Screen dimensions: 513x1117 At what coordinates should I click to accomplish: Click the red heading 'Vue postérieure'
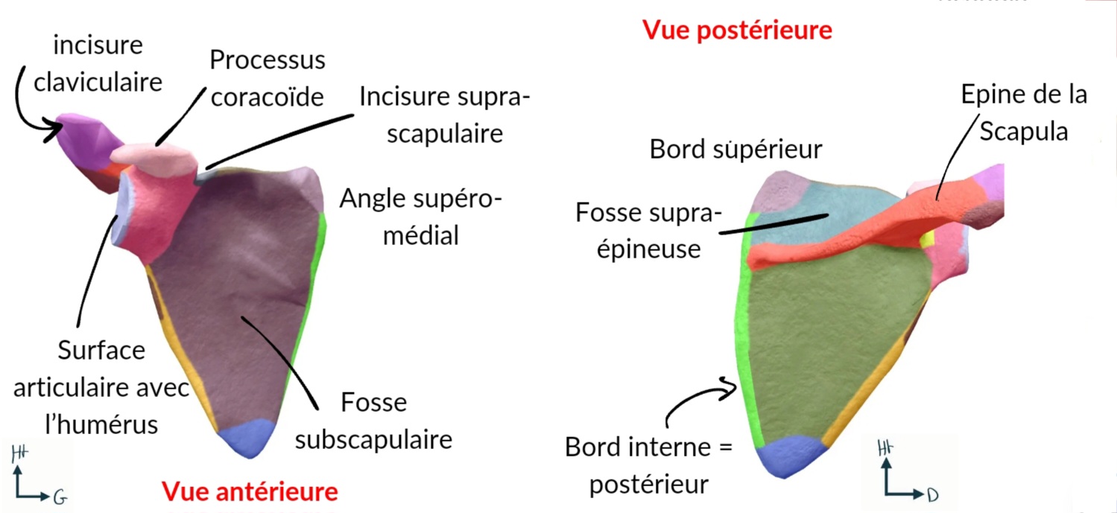point(736,31)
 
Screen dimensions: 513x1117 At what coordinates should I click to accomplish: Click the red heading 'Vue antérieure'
point(250,491)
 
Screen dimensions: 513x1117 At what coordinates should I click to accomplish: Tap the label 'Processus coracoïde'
point(268,79)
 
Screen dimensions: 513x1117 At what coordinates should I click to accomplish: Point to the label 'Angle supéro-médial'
point(421,217)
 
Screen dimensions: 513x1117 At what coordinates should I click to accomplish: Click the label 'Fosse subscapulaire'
point(373,421)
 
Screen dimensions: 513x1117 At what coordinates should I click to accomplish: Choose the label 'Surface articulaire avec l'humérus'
point(101,387)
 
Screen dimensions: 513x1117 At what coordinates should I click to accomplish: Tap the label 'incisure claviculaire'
point(98,63)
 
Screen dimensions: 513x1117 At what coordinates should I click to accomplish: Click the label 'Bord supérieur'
point(735,150)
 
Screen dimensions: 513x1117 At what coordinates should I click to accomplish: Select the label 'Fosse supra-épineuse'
point(648,231)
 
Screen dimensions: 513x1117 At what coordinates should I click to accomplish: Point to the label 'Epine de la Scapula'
point(1023,113)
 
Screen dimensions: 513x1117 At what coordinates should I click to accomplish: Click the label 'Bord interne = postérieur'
point(648,466)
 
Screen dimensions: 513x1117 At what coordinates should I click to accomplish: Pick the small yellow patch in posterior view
point(927,239)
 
